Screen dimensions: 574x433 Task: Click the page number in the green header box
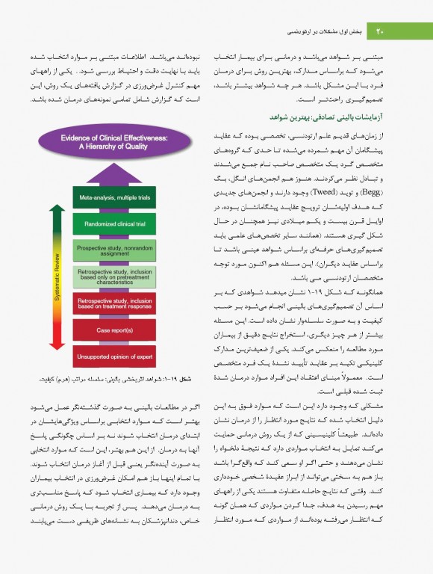click(380, 31)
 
